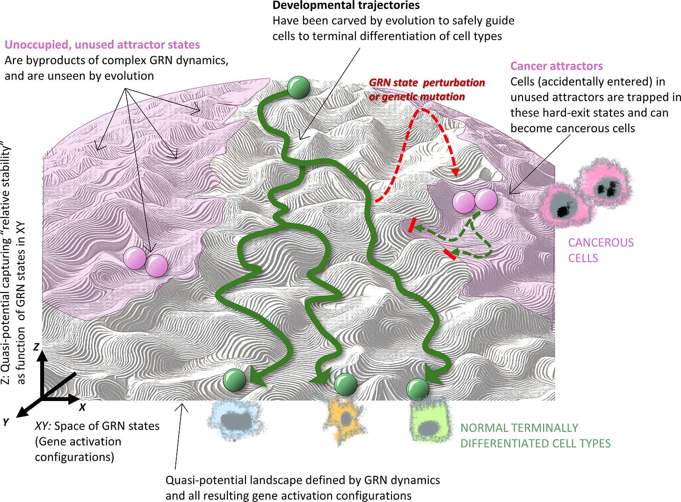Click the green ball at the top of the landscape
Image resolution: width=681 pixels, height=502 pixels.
pos(298,87)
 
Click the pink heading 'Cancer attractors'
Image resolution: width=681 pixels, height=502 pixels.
pos(556,66)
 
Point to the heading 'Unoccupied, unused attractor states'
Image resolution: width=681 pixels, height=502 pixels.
pos(102,45)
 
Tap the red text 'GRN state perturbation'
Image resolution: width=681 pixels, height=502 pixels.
pos(427,83)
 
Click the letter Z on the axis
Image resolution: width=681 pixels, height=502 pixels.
pos(36,347)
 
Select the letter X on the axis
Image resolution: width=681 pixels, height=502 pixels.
pos(82,407)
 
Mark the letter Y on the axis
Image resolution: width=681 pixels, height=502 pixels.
pos(6,422)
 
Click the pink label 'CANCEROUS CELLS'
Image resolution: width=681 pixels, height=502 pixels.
pos(601,250)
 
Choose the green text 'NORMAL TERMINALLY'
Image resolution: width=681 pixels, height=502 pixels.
pos(519,428)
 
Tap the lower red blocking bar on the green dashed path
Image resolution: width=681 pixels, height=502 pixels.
pos(449,254)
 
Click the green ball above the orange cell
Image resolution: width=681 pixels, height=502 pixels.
pos(346,385)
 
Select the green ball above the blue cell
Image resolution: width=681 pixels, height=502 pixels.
pos(234,380)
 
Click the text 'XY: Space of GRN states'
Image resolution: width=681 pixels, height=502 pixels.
pos(97,426)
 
